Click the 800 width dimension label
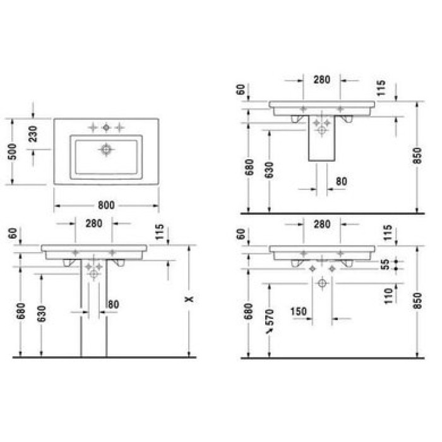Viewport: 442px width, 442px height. pos(106,205)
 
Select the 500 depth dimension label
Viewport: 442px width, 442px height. pos(11,152)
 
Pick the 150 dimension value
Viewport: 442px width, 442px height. pos(299,311)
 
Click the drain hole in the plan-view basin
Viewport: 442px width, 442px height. pos(106,150)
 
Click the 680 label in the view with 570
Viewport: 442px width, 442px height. pos(249,311)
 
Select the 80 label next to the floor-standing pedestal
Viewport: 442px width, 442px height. pos(114,304)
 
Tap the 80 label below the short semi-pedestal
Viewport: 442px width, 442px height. pos(341,181)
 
